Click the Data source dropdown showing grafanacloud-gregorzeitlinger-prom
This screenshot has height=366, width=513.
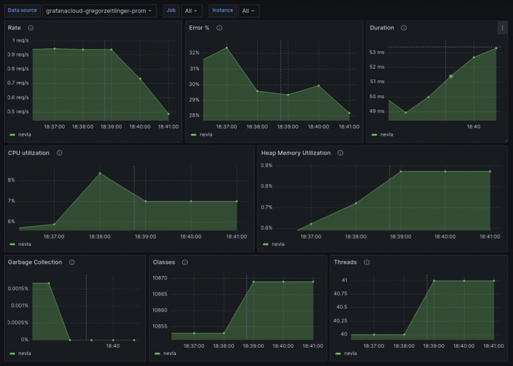pyautogui.click(x=99, y=11)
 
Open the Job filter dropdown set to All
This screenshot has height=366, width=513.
pyautogui.click(x=192, y=11)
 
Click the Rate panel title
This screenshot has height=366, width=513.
pyautogui.click(x=14, y=28)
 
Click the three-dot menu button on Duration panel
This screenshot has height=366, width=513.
pyautogui.click(x=502, y=28)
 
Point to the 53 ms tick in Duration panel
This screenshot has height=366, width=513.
pyautogui.click(x=377, y=52)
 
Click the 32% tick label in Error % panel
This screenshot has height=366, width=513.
pyautogui.click(x=194, y=52)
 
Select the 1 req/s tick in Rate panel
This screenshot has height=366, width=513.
pyautogui.click(x=21, y=40)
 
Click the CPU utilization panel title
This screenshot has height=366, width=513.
pyautogui.click(x=29, y=153)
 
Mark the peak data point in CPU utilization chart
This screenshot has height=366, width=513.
pyautogui.click(x=100, y=173)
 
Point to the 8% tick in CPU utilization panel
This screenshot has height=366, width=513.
pyautogui.click(x=11, y=180)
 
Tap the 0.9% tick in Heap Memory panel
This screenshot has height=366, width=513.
pyautogui.click(x=266, y=165)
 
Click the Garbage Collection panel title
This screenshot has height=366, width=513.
pyautogui.click(x=35, y=262)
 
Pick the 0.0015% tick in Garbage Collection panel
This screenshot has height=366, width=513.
pyautogui.click(x=17, y=288)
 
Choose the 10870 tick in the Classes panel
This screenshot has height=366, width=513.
pyautogui.click(x=160, y=278)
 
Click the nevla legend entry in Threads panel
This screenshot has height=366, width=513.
pyautogui.click(x=350, y=354)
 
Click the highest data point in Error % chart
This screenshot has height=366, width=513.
pyautogui.click(x=226, y=48)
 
